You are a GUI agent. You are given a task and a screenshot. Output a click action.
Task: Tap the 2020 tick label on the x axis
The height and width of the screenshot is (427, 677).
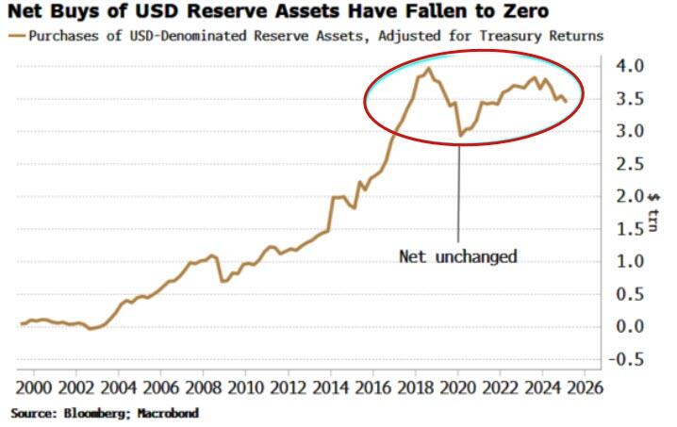[x=458, y=387]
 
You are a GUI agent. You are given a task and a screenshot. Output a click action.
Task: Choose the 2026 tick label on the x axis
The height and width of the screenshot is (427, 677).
[x=585, y=387]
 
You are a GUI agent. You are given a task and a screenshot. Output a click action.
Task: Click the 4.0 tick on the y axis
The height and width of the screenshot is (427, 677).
[x=630, y=67]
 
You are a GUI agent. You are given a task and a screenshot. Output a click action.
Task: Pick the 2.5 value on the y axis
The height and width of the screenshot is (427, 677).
[x=630, y=164]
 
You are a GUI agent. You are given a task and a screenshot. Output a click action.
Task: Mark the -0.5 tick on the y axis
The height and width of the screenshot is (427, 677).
[x=626, y=359]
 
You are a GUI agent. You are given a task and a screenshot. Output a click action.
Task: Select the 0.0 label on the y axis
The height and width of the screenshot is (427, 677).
[x=630, y=326]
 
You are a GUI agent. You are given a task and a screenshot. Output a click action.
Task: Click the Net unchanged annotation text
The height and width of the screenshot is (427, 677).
[x=458, y=256]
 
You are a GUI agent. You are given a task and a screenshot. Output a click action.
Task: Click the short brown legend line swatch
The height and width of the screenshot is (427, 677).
[x=17, y=36]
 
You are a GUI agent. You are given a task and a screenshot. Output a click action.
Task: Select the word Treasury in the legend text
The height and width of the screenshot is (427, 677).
[x=506, y=36]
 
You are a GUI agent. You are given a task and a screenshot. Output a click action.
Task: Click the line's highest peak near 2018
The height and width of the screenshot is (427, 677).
[x=429, y=68]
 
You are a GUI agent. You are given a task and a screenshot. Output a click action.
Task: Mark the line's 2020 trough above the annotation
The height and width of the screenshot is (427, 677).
[x=459, y=136]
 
